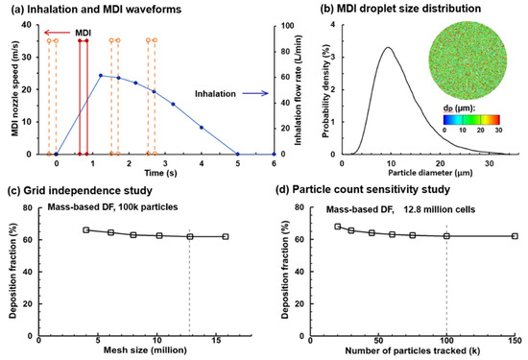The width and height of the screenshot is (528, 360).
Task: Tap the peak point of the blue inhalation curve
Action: tap(101, 75)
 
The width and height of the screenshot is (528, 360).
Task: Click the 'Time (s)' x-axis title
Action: tap(143, 173)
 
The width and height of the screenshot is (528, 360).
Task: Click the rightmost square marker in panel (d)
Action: tap(515, 263)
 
